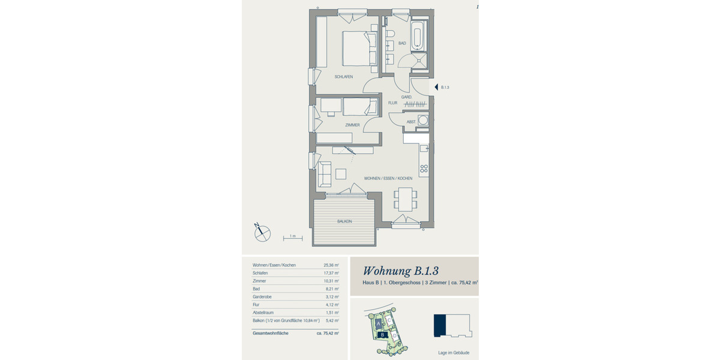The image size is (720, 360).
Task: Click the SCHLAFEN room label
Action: tap(344, 77)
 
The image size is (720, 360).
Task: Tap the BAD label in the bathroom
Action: tap(401, 43)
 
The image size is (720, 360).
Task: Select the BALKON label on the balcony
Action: tap(344, 221)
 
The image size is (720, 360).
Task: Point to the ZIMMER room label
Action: tap(352, 125)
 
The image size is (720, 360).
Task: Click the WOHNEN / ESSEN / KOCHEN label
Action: tap(388, 179)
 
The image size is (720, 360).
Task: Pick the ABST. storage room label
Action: tap(411, 122)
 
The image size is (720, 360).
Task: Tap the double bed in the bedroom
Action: tap(359, 49)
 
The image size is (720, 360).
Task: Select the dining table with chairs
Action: tap(406, 198)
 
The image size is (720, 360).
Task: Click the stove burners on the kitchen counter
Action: tap(424, 168)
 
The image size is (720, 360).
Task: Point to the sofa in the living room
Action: tap(325, 174)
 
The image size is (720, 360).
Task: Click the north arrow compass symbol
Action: tap(262, 232)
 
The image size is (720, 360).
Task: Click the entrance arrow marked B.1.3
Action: tap(437, 88)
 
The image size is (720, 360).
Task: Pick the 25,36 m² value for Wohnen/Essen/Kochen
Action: tap(331, 265)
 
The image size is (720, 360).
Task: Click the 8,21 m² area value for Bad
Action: tap(332, 289)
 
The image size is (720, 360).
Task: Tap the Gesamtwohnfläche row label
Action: tap(271, 333)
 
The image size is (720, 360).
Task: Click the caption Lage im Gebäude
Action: tap(454, 353)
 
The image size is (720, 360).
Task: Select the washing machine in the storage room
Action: tap(423, 121)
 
